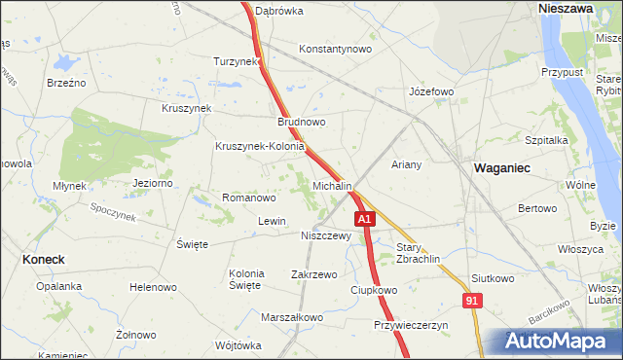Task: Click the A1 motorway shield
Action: click(x=364, y=221)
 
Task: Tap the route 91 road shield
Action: click(x=472, y=302)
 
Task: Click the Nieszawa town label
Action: click(x=566, y=7)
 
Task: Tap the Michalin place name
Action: click(x=332, y=185)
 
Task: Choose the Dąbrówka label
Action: click(x=279, y=12)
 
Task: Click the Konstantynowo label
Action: click(x=336, y=49)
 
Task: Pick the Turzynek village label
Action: click(x=237, y=61)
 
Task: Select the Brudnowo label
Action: click(x=302, y=123)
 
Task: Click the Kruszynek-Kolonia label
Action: click(x=261, y=147)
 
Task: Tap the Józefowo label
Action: click(x=431, y=92)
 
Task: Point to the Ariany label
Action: click(x=406, y=164)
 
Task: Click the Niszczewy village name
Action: click(x=326, y=235)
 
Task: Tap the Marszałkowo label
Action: click(x=292, y=317)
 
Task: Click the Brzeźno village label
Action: click(x=66, y=83)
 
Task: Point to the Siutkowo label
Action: click(x=492, y=278)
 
